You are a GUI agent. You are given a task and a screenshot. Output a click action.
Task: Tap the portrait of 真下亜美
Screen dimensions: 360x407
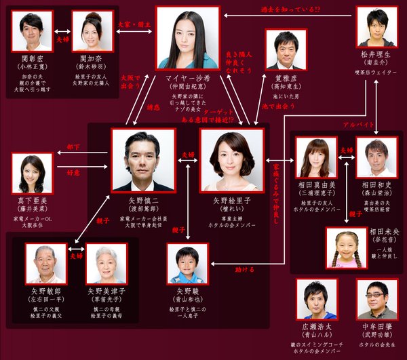[x=33, y=174]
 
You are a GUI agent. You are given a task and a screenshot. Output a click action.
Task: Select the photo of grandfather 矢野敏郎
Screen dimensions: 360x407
[x=47, y=263]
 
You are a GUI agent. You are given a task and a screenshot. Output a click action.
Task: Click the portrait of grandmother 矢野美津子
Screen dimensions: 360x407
[x=106, y=263]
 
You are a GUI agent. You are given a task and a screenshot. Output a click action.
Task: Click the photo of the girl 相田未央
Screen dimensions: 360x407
[x=346, y=245]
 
